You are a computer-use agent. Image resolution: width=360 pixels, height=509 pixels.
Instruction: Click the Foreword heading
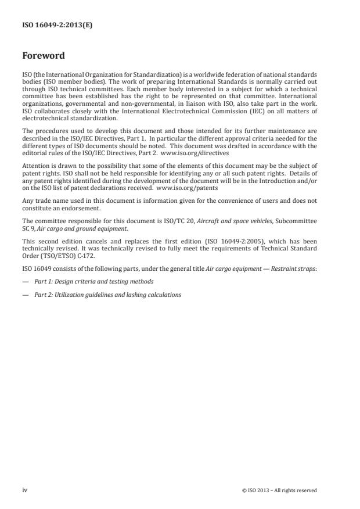pyautogui.click(x=44, y=56)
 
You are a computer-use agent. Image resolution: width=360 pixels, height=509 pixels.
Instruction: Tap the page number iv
pyautogui.click(x=25, y=490)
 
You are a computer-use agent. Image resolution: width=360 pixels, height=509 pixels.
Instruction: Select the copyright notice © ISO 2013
pyautogui.click(x=279, y=490)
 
